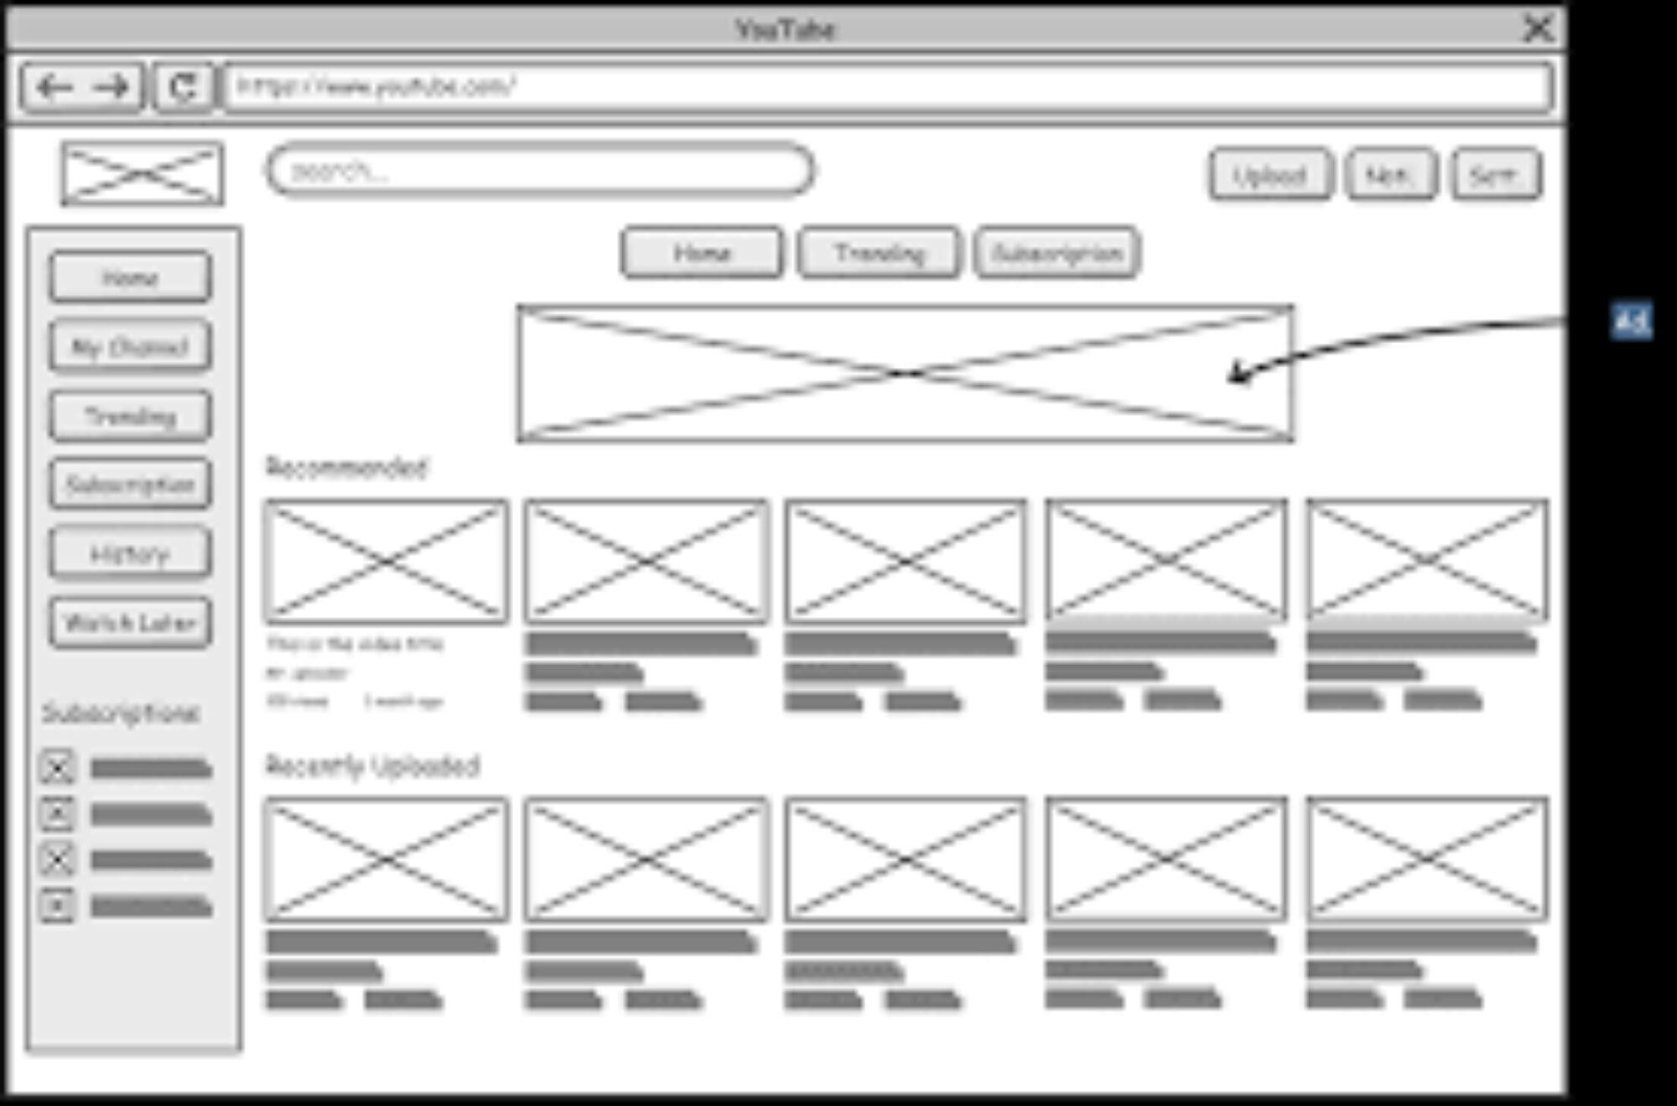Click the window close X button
coord(1538,29)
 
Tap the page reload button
coord(183,86)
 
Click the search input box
coord(540,170)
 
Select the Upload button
coord(1269,174)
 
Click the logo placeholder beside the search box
coord(143,174)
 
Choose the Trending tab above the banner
coord(879,252)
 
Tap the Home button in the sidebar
coord(130,277)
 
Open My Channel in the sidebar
coord(130,345)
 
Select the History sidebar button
coord(130,553)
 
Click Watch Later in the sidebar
coord(130,622)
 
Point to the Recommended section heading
coord(346,467)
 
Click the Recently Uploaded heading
coord(372,765)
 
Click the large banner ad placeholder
coord(905,373)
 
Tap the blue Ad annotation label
coord(1631,320)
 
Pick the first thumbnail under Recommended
coord(387,561)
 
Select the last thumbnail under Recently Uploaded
coord(1426,859)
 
